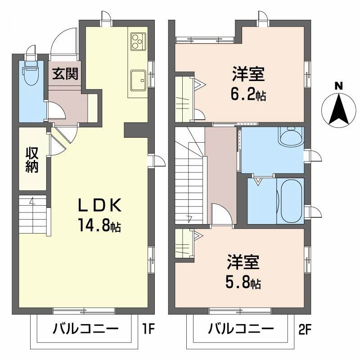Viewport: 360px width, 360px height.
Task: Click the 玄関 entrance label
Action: (65, 74)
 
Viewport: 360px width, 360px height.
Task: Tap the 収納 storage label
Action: (31, 160)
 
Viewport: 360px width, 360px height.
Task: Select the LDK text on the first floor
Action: (99, 205)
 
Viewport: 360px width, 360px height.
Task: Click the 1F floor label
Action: (148, 329)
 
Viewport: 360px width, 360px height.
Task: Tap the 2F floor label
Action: (305, 329)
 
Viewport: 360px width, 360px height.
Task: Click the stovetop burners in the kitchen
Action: (139, 41)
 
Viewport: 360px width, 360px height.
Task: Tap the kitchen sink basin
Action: (138, 80)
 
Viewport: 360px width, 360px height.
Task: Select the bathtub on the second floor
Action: (291, 201)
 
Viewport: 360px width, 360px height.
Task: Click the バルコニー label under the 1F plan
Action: (85, 329)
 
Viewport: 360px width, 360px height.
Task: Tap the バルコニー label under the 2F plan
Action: (241, 329)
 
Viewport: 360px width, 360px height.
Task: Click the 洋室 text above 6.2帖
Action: (248, 74)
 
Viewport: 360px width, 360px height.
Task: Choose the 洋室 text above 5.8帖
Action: (243, 262)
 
